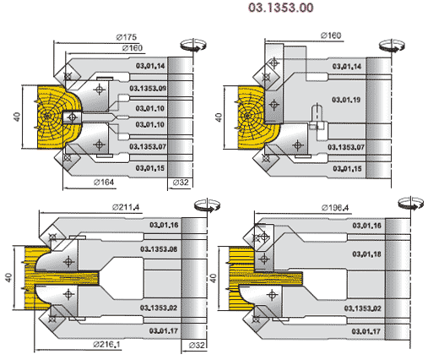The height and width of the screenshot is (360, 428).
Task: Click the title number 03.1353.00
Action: tap(280, 8)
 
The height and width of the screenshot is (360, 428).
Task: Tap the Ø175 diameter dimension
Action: tap(126, 37)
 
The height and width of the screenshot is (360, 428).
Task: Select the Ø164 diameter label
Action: tap(104, 183)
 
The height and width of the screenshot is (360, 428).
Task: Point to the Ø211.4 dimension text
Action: tap(126, 208)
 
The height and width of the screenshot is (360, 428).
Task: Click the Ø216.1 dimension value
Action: tap(106, 344)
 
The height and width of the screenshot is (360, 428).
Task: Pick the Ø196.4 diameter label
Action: tap(335, 208)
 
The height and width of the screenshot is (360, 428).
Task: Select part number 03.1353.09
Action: tap(148, 89)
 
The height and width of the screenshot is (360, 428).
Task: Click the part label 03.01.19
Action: tap(346, 100)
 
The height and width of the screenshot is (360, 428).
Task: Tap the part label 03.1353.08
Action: tap(159, 249)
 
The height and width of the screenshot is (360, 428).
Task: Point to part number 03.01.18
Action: tap(366, 254)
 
